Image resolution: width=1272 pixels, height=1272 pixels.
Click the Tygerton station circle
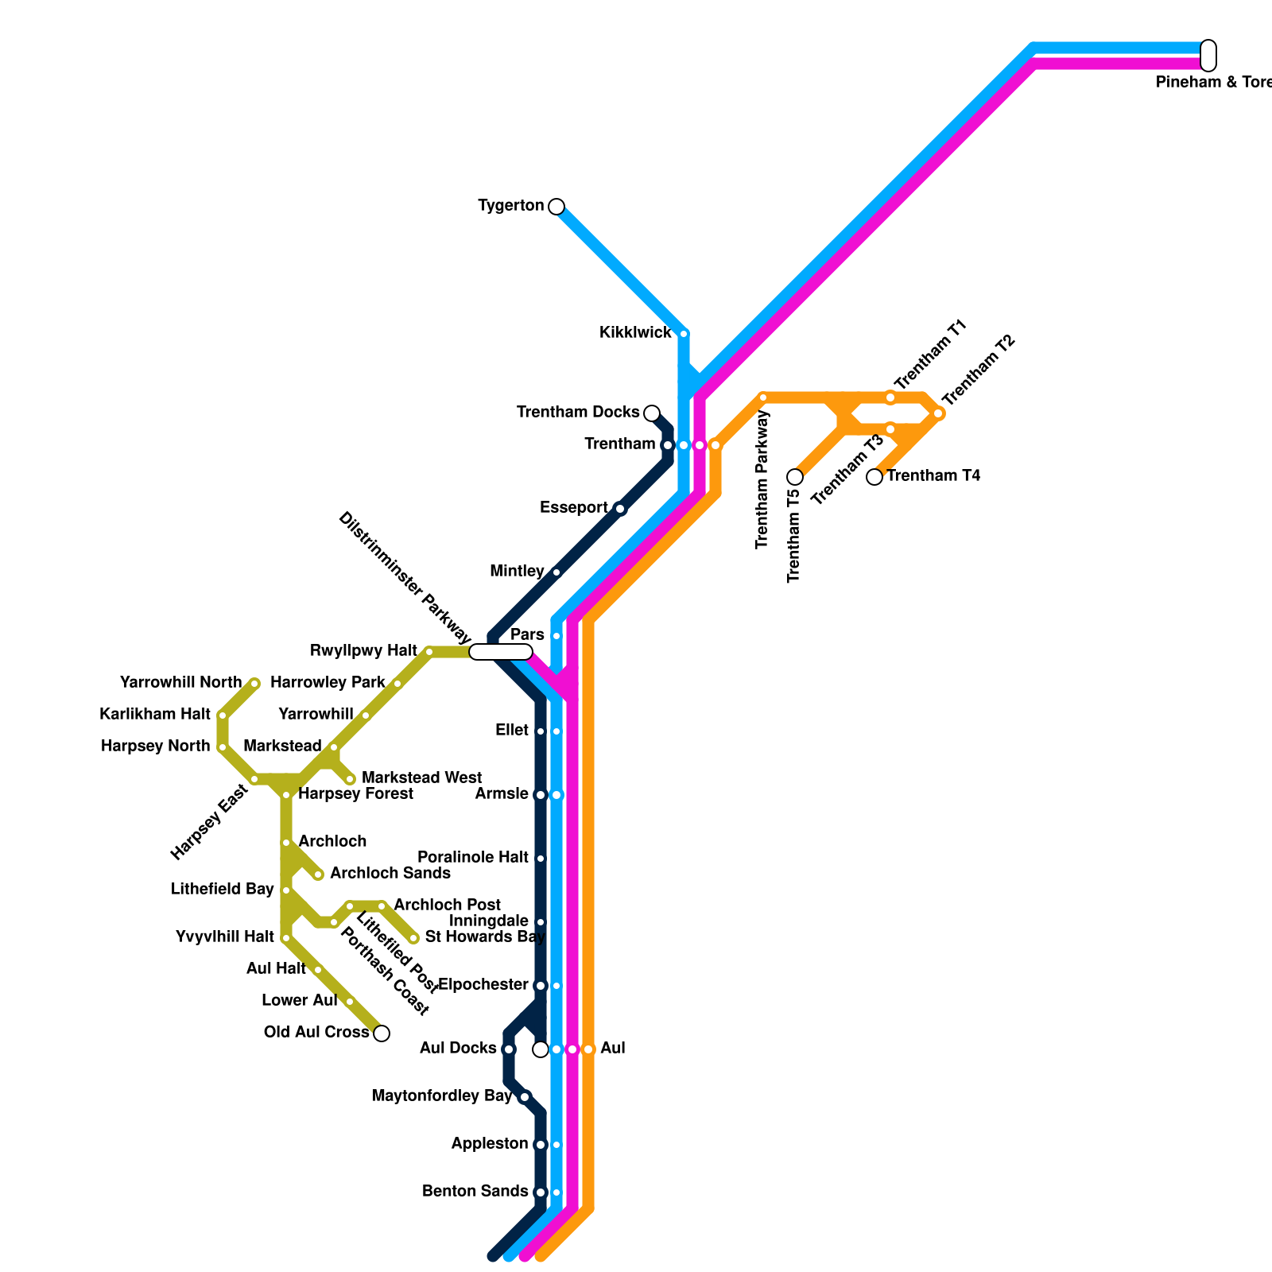click(556, 207)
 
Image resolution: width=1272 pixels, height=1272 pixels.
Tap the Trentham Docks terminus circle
click(652, 413)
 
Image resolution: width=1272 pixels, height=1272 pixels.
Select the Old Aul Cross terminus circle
click(382, 1033)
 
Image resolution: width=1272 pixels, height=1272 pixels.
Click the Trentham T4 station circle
click(874, 477)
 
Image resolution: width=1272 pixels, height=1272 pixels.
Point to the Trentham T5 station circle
click(795, 477)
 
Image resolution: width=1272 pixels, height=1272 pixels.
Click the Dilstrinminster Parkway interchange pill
click(501, 652)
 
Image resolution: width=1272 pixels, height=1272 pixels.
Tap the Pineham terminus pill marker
click(1208, 55)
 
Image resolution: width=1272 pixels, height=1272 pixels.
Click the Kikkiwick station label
click(635, 333)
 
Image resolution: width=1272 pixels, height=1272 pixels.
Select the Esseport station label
click(573, 508)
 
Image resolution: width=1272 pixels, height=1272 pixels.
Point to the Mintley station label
click(517, 572)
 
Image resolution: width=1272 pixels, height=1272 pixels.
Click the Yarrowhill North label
click(180, 683)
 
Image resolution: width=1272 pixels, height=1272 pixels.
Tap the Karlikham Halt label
click(155, 715)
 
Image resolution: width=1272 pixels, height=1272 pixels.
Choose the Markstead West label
click(421, 778)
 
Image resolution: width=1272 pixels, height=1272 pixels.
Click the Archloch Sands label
click(390, 874)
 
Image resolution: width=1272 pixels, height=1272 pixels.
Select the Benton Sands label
click(475, 1192)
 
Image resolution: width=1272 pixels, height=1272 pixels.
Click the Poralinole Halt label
click(473, 858)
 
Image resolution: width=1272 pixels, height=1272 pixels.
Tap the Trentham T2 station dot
click(938, 413)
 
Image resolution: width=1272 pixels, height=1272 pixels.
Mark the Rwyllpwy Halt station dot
click(429, 652)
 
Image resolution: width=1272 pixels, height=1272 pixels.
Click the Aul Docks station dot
click(509, 1049)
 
